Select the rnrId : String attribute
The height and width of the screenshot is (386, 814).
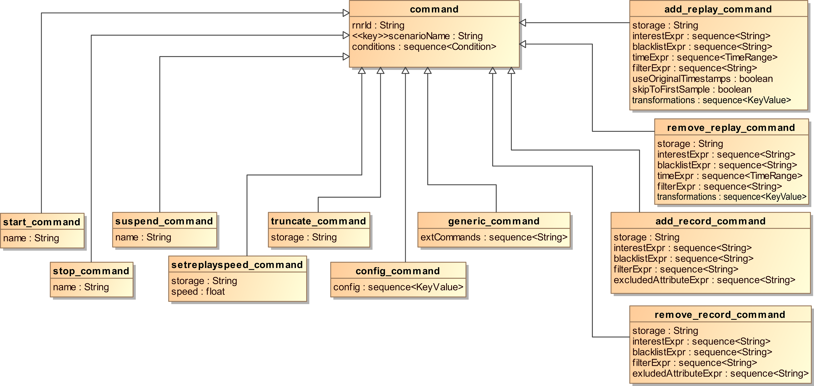point(378,25)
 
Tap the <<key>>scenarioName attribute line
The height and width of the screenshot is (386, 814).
point(417,36)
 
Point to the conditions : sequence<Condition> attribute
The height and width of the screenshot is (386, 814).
point(424,47)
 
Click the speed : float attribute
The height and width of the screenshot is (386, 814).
point(198,292)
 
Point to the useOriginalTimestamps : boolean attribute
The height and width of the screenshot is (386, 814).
point(702,79)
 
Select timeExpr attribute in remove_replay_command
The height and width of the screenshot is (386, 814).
point(729,176)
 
